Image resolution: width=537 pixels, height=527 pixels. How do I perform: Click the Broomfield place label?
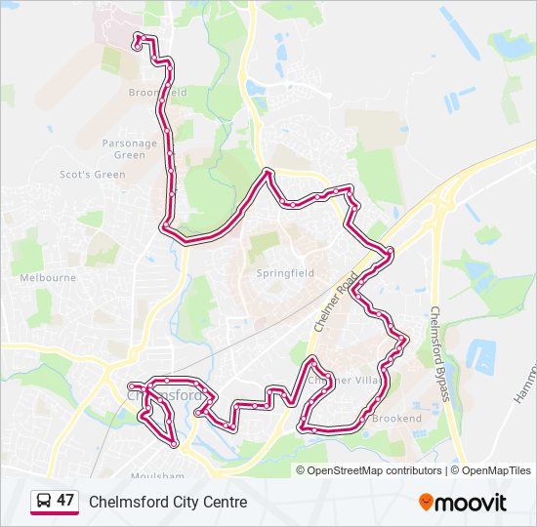[x=156, y=93]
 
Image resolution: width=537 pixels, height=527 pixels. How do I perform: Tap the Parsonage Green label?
[x=129, y=148]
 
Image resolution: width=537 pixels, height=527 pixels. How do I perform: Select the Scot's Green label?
[x=93, y=175]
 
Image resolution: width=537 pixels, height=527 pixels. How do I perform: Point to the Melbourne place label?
[x=48, y=277]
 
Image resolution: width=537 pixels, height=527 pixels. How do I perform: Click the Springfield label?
[x=285, y=273]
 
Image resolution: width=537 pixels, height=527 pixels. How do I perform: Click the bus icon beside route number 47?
[x=43, y=501]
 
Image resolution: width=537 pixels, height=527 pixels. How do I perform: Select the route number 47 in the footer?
[x=65, y=501]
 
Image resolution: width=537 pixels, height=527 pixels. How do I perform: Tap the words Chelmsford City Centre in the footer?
[x=168, y=502]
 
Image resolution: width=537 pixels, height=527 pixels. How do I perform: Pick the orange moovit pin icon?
[x=426, y=502]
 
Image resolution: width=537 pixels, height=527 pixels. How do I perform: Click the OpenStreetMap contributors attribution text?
[x=374, y=470]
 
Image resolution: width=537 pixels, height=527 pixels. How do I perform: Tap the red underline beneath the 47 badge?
[x=55, y=514]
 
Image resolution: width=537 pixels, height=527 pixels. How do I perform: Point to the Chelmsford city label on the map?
[x=166, y=396]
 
